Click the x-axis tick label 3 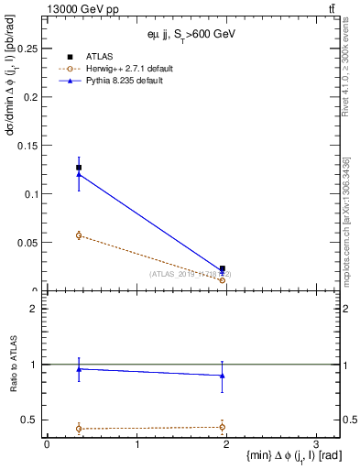[x=315, y=443]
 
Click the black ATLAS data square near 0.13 [x=79, y=168]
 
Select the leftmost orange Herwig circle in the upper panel [x=79, y=235]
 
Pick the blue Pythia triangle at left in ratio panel [x=79, y=369]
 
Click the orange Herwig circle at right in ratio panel [x=223, y=426]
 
